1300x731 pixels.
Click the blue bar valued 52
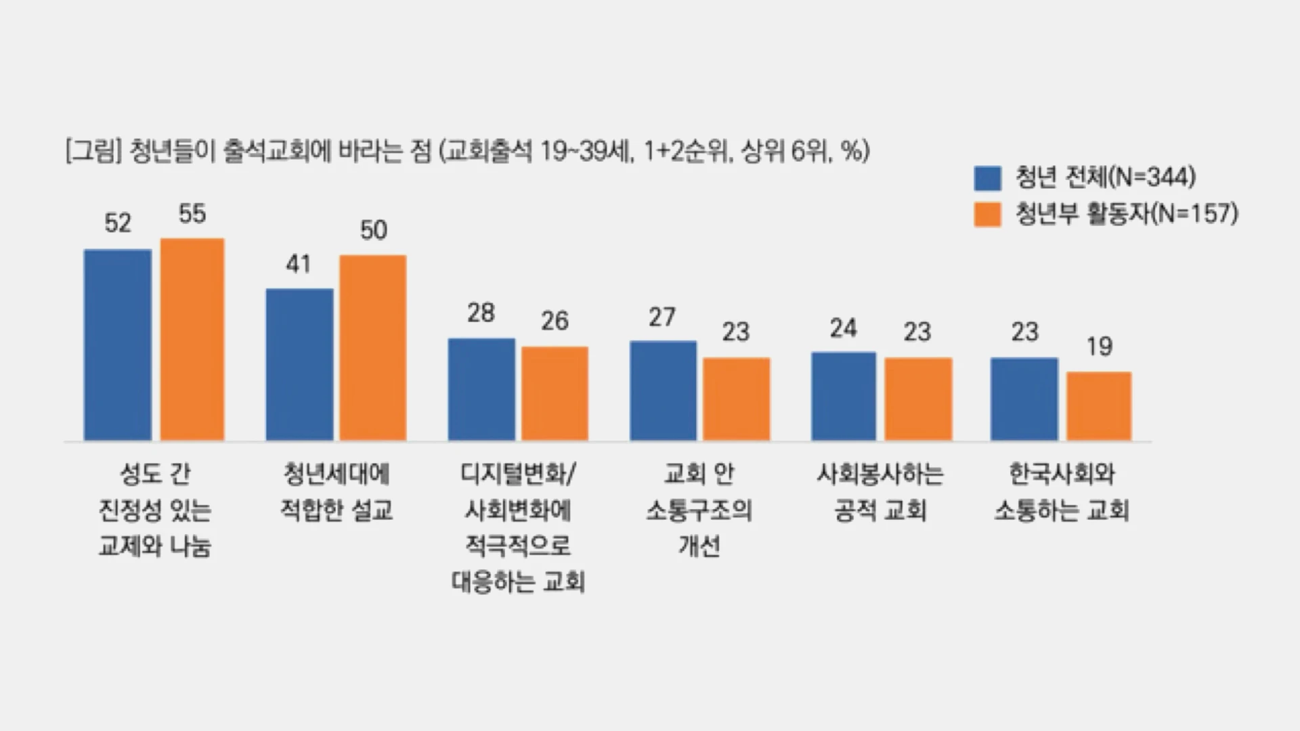click(117, 345)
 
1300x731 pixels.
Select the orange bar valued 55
click(192, 340)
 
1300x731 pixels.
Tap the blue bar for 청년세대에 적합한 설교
click(299, 365)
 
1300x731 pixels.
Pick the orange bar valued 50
click(373, 348)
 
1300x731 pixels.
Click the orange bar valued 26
click(555, 394)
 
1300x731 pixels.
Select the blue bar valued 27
click(663, 391)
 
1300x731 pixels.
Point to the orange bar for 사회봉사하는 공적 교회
click(918, 399)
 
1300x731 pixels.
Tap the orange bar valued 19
click(1099, 406)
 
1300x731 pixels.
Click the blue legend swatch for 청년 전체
click(987, 179)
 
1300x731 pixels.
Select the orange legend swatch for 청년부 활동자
click(987, 215)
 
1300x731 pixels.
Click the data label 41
click(299, 264)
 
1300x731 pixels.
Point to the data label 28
click(481, 313)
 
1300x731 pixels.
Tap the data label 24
click(844, 329)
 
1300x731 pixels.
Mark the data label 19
click(1099, 347)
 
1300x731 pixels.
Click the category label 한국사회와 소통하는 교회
click(1061, 492)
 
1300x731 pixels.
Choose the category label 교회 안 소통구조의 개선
click(699, 510)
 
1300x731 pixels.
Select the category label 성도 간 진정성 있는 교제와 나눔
click(155, 510)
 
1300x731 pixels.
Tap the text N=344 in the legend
click(1155, 177)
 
